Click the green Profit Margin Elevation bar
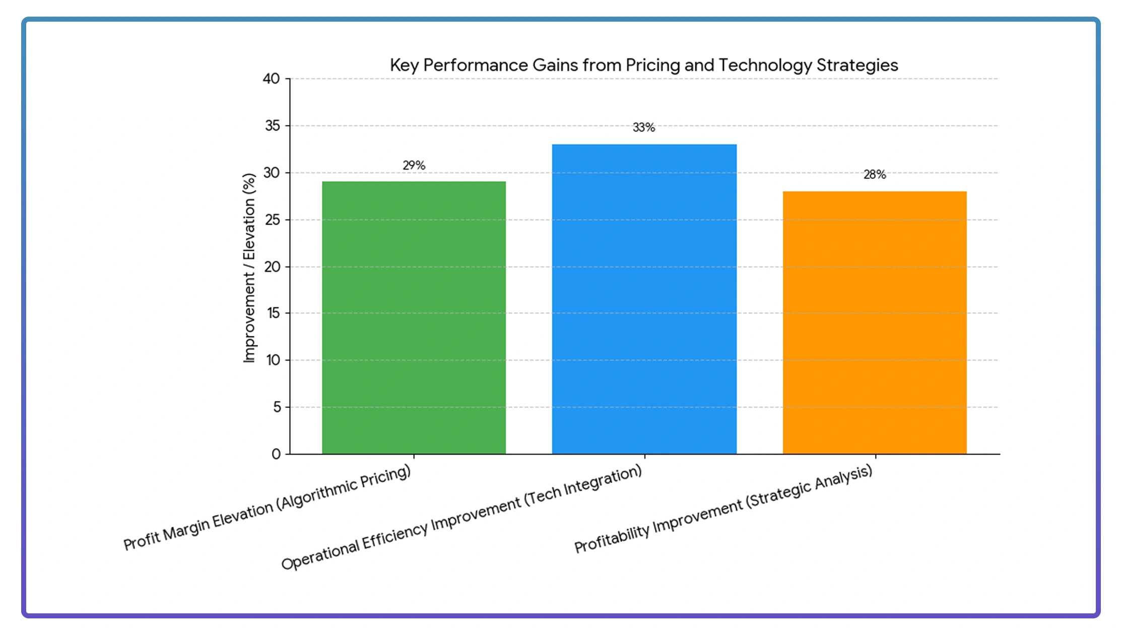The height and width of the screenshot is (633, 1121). pyautogui.click(x=414, y=317)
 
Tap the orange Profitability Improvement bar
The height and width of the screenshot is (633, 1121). pyautogui.click(x=875, y=322)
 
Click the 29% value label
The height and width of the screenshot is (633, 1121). pyautogui.click(x=414, y=165)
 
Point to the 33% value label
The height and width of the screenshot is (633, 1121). pyautogui.click(x=644, y=127)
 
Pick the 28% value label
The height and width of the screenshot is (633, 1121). pyautogui.click(x=875, y=175)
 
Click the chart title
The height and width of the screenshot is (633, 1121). pyautogui.click(x=644, y=65)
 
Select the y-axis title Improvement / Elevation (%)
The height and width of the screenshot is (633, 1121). pyautogui.click(x=249, y=267)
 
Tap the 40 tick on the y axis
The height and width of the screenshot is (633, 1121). pyautogui.click(x=272, y=79)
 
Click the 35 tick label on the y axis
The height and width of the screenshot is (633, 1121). pyautogui.click(x=273, y=125)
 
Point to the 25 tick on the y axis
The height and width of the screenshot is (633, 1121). pyautogui.click(x=273, y=220)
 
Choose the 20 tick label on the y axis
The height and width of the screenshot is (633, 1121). pyautogui.click(x=273, y=267)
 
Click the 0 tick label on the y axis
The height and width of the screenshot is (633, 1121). pyautogui.click(x=276, y=454)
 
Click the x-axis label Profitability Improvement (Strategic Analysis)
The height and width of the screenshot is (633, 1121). pyautogui.click(x=723, y=509)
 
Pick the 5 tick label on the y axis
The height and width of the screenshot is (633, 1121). pyautogui.click(x=277, y=407)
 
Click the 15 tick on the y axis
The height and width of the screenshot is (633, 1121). pyautogui.click(x=274, y=313)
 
